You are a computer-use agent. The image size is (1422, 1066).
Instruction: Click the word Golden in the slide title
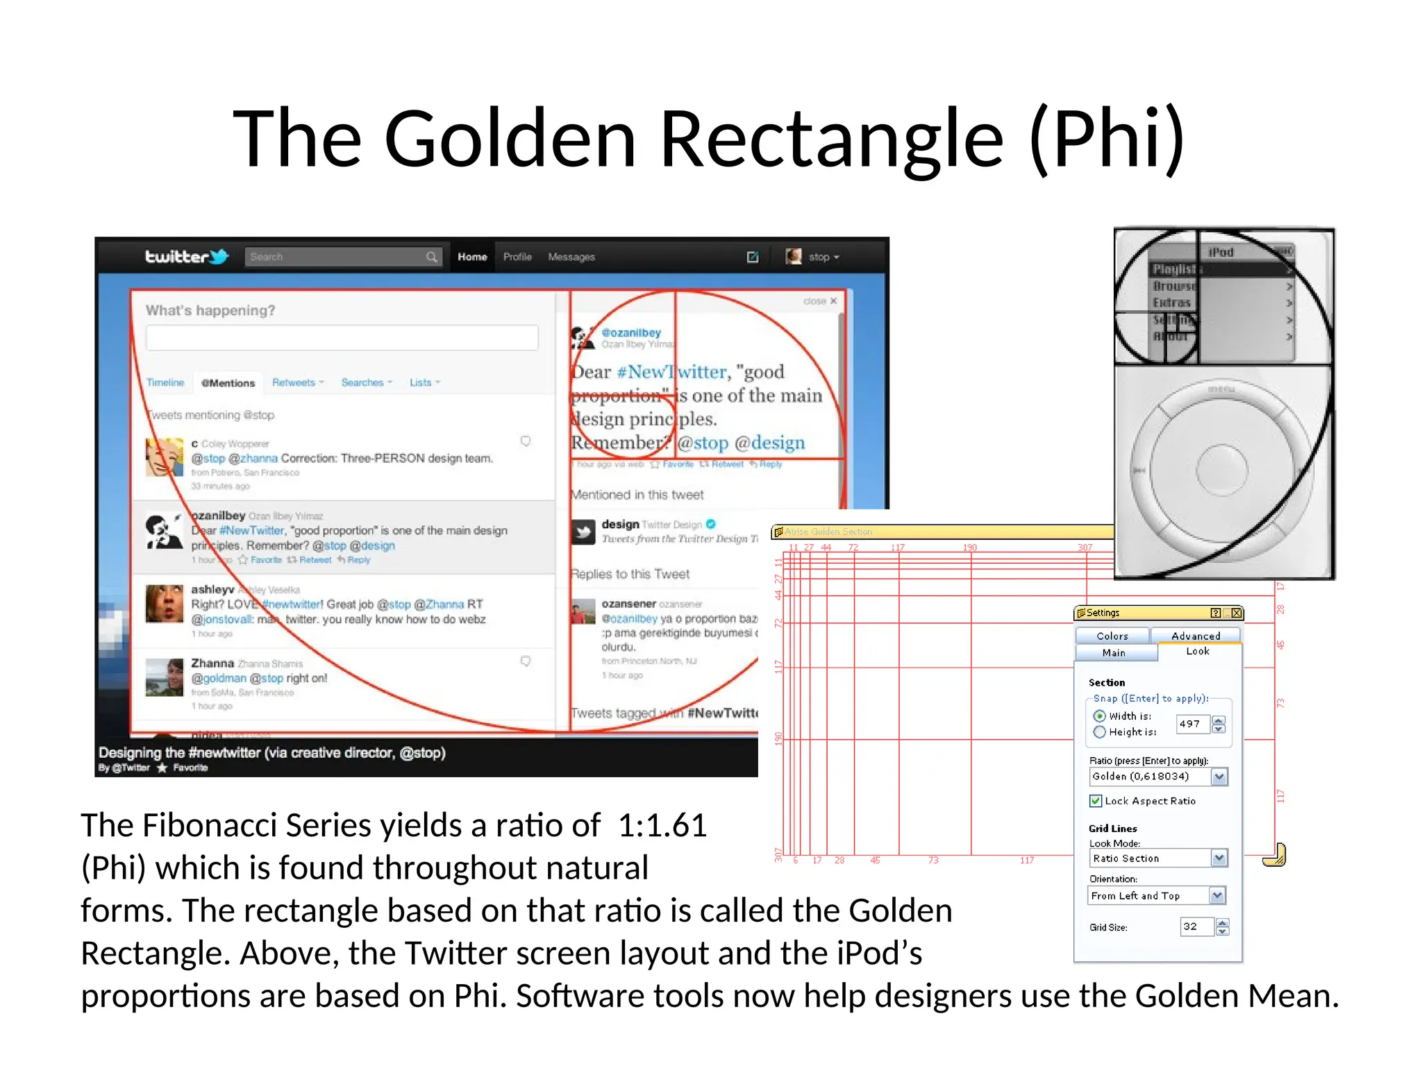pos(510,139)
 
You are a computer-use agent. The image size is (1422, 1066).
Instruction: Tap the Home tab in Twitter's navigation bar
pos(472,257)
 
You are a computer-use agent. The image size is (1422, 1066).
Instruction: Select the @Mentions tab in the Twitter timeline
pos(228,383)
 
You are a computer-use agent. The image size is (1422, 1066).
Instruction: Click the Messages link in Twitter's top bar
pos(571,257)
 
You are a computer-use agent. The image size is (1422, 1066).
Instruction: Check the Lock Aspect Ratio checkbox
pos(1096,801)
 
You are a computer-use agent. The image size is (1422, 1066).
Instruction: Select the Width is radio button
pos(1100,716)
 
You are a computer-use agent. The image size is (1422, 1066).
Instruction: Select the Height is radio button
pos(1100,732)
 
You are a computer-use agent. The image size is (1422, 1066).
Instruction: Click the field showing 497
pos(1192,724)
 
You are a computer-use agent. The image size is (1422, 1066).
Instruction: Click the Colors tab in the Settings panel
pos(1112,636)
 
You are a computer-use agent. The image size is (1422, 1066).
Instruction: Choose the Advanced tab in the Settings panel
pos(1195,636)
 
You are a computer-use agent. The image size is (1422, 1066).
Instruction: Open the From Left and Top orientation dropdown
pos(1216,896)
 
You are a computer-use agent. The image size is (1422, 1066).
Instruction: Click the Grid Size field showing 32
pos(1196,927)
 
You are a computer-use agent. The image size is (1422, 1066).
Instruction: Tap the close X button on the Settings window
pos(1236,613)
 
